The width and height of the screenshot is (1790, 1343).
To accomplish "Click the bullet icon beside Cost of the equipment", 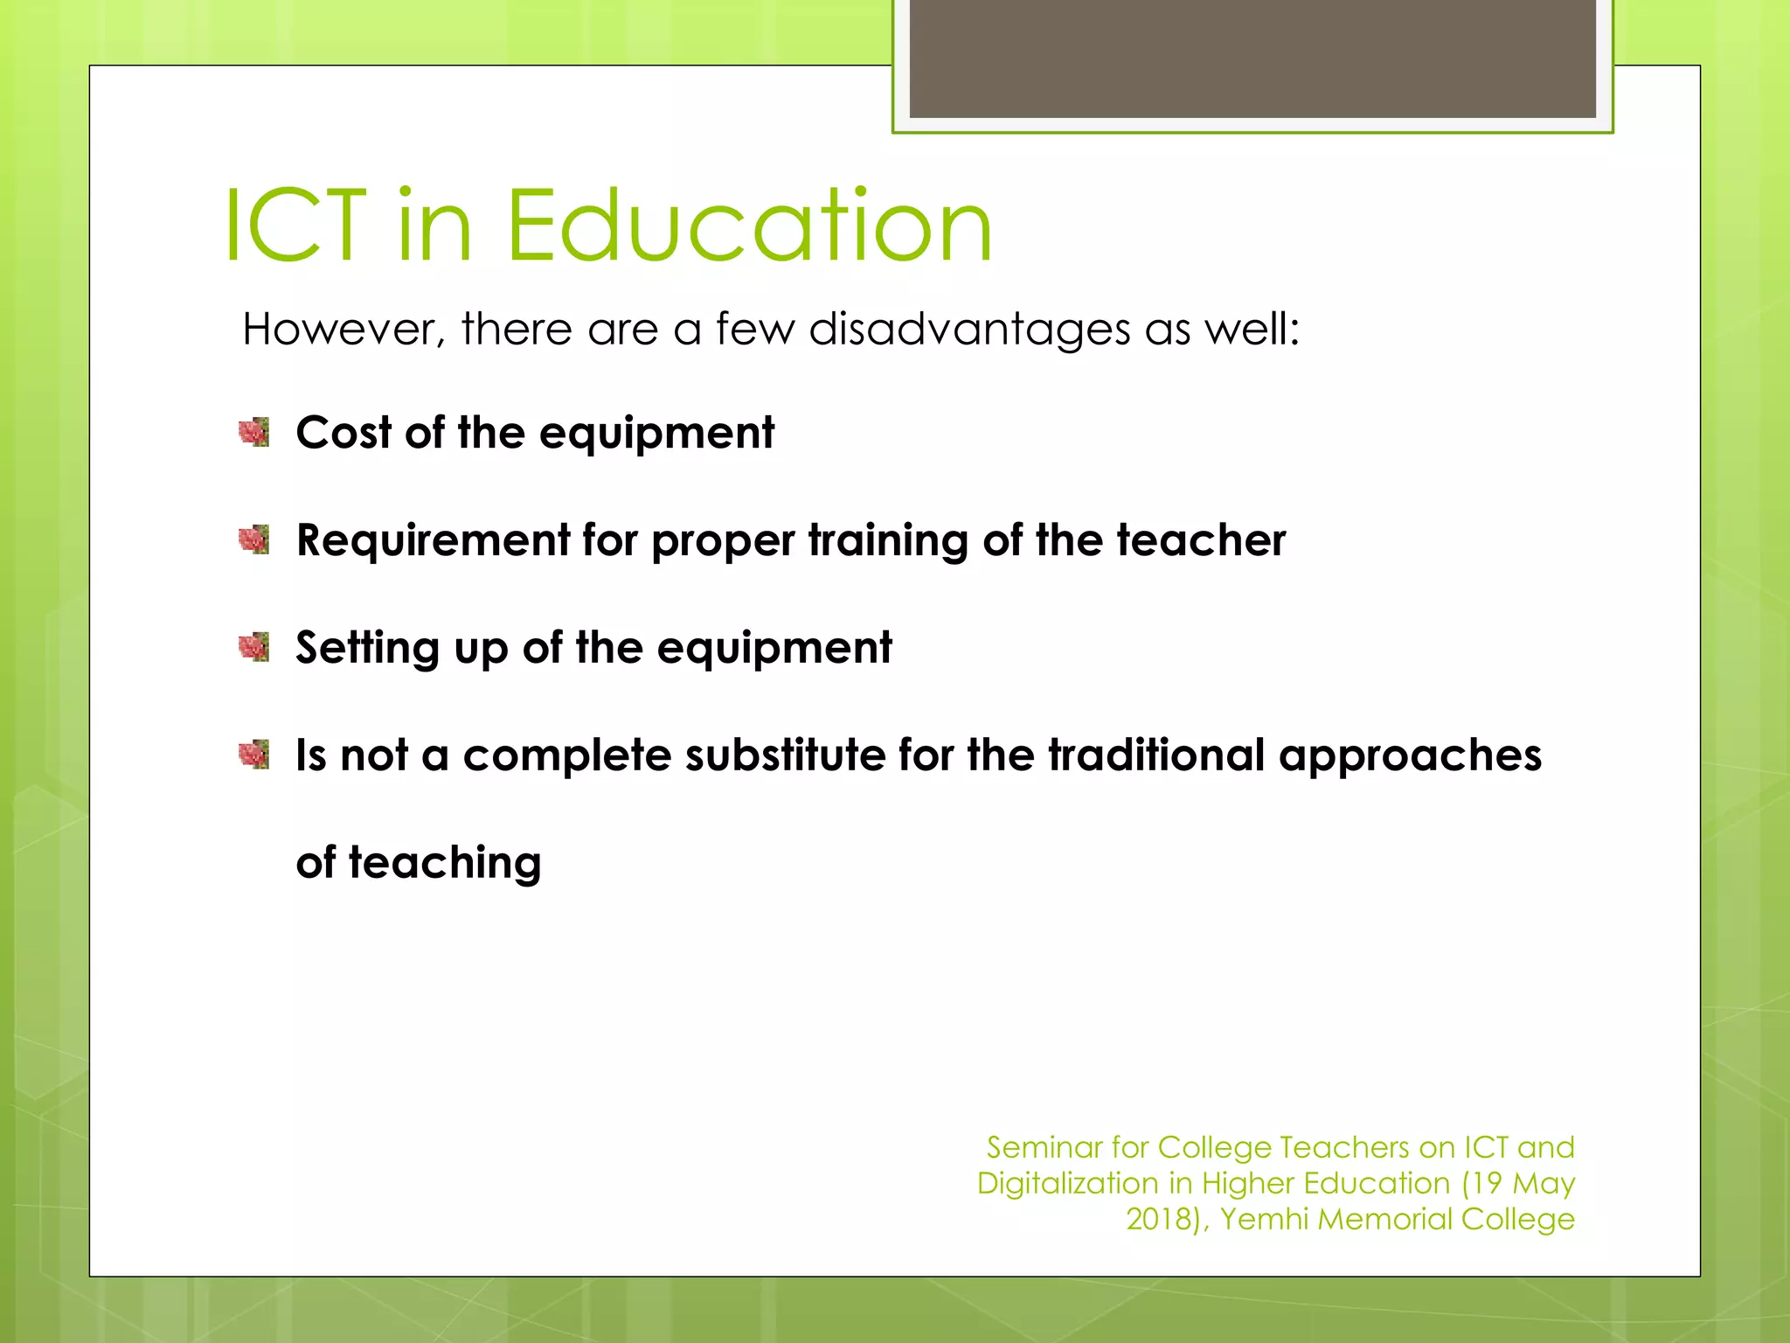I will pyautogui.click(x=254, y=432).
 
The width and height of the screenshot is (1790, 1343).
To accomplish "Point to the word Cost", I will pyautogui.click(x=343, y=433).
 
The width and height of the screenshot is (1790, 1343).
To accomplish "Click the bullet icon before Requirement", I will pyautogui.click(x=254, y=539).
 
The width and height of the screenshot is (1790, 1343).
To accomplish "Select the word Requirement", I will pyautogui.click(x=433, y=540).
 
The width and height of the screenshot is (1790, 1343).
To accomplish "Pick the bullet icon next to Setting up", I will pyautogui.click(x=254, y=647).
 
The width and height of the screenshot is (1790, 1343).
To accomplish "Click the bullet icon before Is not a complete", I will pyautogui.click(x=254, y=754).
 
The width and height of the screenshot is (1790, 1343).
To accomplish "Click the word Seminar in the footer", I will pyautogui.click(x=1044, y=1147).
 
